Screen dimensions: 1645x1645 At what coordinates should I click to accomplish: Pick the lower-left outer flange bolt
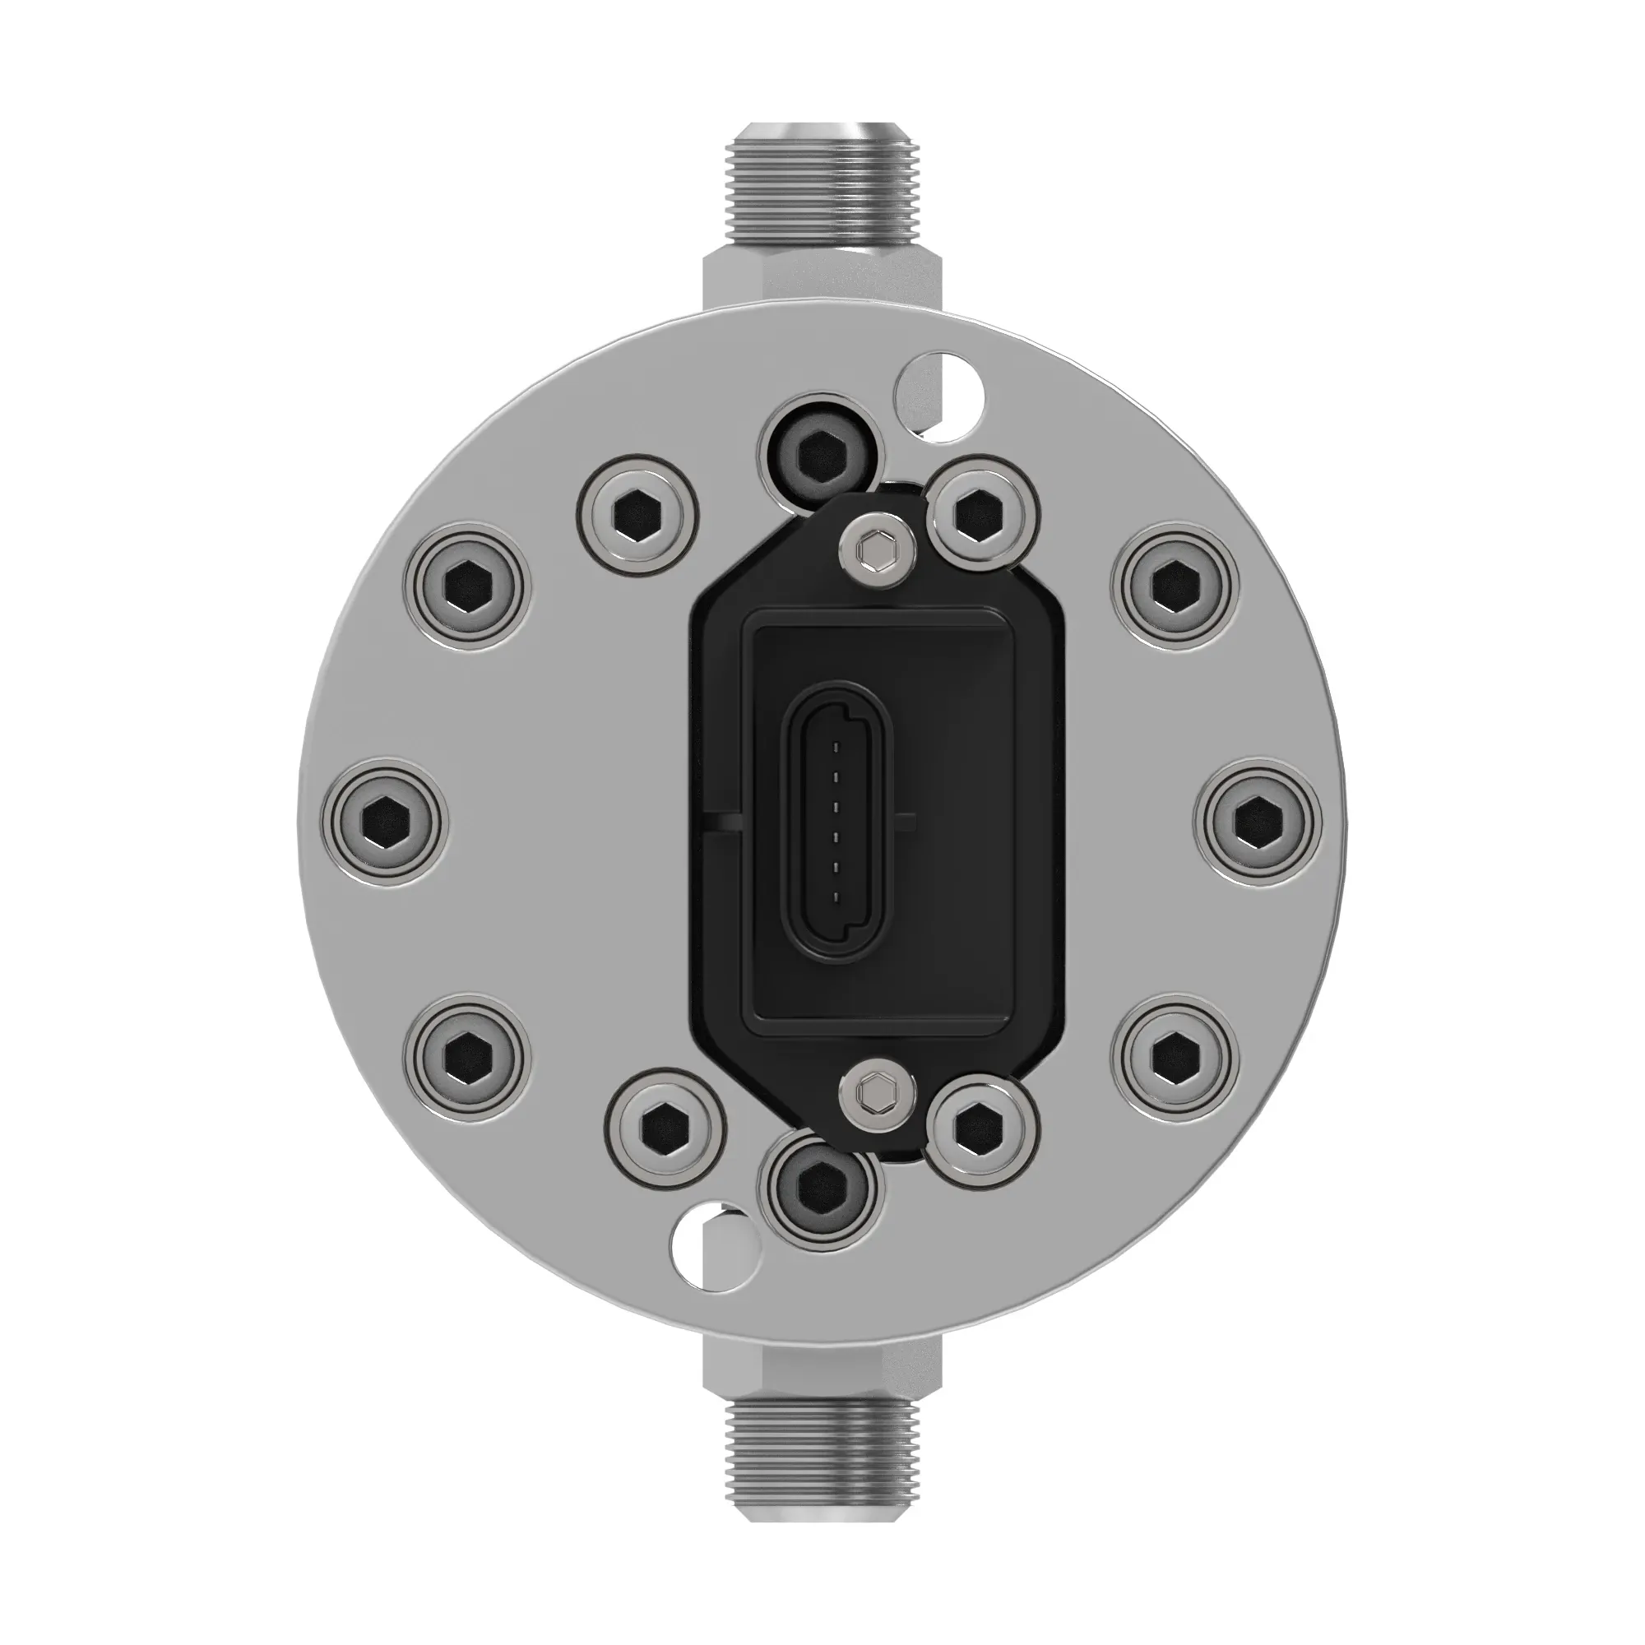pyautogui.click(x=466, y=1056)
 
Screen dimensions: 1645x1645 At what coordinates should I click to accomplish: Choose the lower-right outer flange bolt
pyautogui.click(x=1175, y=1056)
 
